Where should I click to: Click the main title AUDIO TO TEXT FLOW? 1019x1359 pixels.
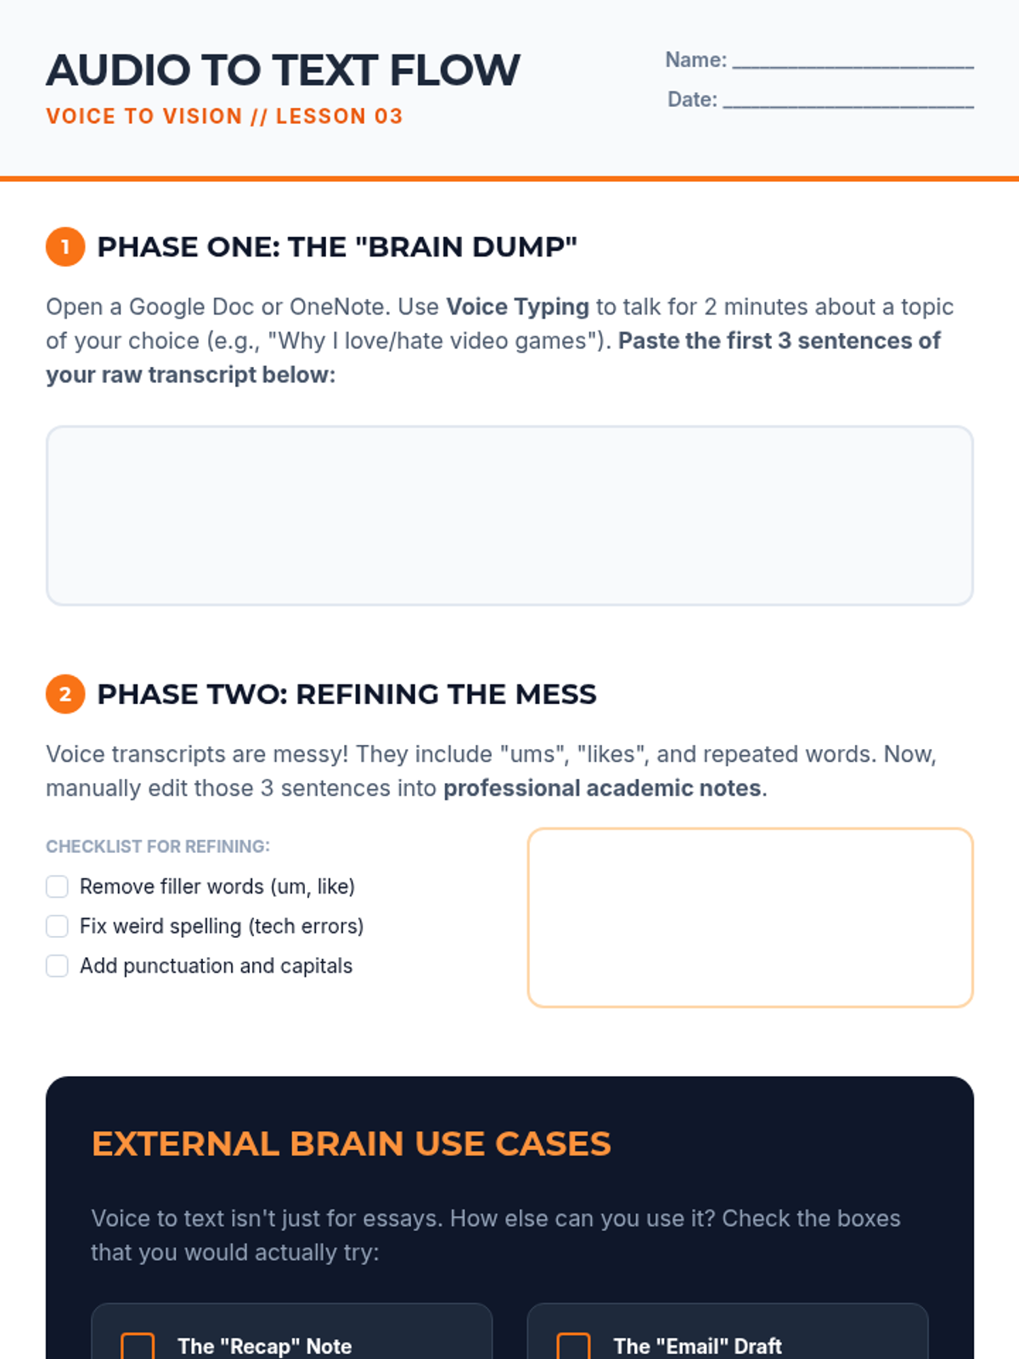(283, 70)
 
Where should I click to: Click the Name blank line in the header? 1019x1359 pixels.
(853, 61)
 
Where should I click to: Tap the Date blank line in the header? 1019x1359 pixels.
(847, 101)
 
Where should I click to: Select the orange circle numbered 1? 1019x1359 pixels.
(65, 247)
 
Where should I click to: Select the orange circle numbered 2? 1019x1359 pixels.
(65, 694)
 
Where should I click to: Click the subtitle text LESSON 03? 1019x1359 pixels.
(339, 116)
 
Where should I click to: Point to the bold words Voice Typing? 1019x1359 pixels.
(517, 307)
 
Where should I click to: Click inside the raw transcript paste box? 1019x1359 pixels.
(509, 516)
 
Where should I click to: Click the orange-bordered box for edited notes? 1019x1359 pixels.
(750, 917)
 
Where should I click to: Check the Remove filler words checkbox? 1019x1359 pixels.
(57, 887)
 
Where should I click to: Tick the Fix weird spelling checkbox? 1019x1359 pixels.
(57, 926)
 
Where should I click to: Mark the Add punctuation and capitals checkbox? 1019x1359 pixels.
(57, 966)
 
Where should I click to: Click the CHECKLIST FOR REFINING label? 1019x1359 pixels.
(158, 847)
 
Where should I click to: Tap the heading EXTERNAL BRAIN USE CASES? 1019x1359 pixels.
(351, 1144)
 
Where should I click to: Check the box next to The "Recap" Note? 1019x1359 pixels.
(138, 1345)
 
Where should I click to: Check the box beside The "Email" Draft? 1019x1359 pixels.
(573, 1345)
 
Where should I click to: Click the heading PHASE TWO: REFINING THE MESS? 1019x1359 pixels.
(346, 694)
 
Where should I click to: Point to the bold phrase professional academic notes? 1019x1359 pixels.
(602, 788)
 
